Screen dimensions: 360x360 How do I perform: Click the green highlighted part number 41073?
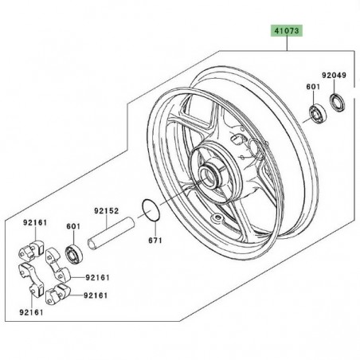[x=287, y=31]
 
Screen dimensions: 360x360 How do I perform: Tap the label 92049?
[x=335, y=76]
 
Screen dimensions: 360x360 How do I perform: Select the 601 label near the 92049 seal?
[x=313, y=87]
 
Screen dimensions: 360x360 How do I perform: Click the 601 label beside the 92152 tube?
[x=73, y=226]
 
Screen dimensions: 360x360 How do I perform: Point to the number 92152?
[x=107, y=211]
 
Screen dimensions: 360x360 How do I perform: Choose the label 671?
[x=155, y=241]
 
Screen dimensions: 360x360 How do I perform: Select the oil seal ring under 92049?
[x=337, y=103]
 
